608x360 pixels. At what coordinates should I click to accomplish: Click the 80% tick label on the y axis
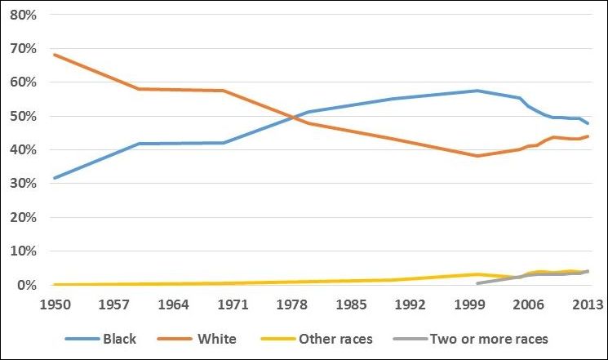pos(23,15)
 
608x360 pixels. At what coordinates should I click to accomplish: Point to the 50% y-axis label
pos(23,116)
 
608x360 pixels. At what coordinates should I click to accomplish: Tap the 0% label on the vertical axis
pos(27,285)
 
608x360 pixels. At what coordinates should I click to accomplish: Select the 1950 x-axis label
pos(55,305)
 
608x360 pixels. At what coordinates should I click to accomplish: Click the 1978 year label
pos(291,305)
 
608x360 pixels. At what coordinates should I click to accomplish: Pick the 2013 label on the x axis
pos(588,305)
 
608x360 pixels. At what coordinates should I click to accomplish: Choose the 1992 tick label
pos(410,305)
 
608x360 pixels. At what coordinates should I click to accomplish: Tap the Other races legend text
pos(335,339)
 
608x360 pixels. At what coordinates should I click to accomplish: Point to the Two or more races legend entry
pos(489,339)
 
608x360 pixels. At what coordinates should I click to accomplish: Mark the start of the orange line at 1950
pos(55,55)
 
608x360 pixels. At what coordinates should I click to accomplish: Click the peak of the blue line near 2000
pos(477,91)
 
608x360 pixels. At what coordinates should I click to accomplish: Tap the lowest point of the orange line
pos(477,156)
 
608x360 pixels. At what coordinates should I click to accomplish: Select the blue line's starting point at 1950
pos(55,178)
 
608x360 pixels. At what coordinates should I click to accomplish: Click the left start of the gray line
pos(477,283)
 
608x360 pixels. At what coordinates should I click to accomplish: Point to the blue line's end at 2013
pos(588,124)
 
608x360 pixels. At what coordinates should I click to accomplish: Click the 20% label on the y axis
pos(23,217)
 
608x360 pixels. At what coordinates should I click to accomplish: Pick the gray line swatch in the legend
pos(411,339)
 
